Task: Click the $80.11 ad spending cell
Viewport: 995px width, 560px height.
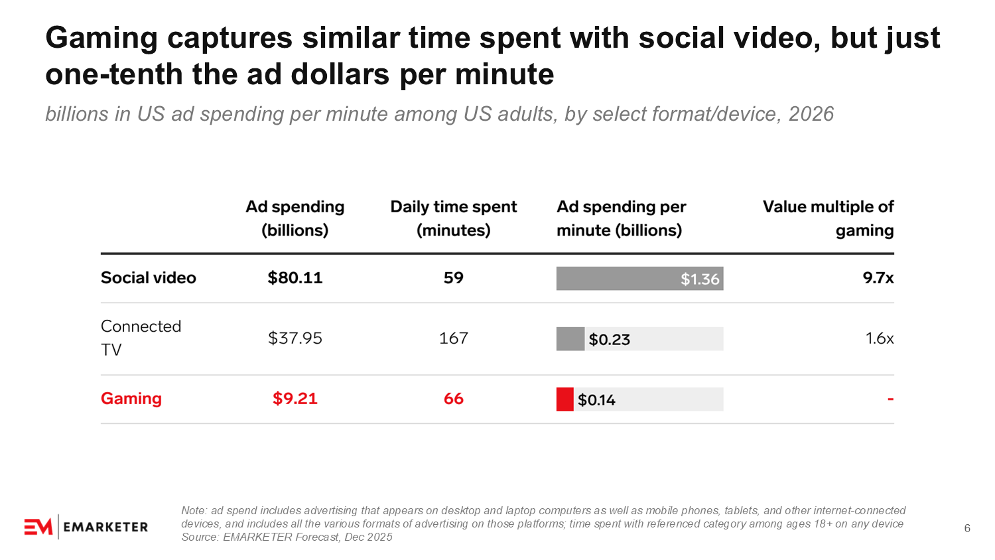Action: pyautogui.click(x=295, y=278)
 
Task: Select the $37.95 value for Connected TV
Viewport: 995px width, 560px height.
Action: pyautogui.click(x=295, y=338)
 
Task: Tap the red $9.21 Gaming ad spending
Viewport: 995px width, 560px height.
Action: pyautogui.click(x=295, y=398)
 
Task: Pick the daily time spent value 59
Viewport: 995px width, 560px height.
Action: pyautogui.click(x=454, y=278)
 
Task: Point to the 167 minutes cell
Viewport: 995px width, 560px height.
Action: pyautogui.click(x=454, y=338)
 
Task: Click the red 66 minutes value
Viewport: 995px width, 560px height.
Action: pyautogui.click(x=454, y=398)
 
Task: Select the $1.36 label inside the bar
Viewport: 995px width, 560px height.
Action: pyautogui.click(x=700, y=279)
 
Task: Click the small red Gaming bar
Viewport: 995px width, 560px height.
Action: pyautogui.click(x=564, y=399)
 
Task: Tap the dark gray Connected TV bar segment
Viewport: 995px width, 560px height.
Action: pyautogui.click(x=570, y=338)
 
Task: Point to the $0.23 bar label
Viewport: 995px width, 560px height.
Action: pyautogui.click(x=610, y=340)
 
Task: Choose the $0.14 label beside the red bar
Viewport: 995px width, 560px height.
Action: pyautogui.click(x=596, y=400)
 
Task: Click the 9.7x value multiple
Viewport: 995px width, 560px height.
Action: pyautogui.click(x=878, y=278)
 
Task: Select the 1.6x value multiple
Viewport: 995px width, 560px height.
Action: pyautogui.click(x=880, y=338)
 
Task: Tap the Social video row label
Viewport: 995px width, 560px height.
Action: pyautogui.click(x=149, y=278)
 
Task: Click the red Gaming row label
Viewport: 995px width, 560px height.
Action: pyautogui.click(x=131, y=398)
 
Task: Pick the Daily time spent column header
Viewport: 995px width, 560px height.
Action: pyautogui.click(x=454, y=218)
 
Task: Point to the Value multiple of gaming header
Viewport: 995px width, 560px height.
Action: pyautogui.click(x=829, y=218)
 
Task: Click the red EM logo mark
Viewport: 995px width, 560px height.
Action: pyautogui.click(x=38, y=527)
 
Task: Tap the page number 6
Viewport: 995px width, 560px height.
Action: pyautogui.click(x=967, y=528)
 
